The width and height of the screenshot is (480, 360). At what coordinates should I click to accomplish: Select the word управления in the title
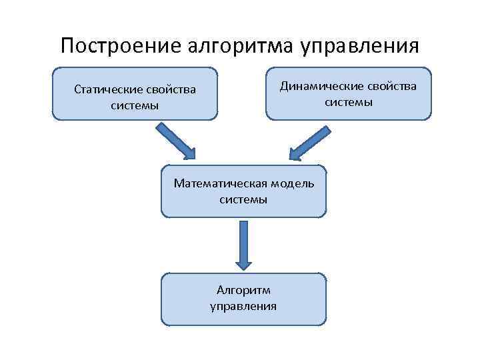point(361,46)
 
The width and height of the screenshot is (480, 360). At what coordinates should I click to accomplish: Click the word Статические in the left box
point(105,90)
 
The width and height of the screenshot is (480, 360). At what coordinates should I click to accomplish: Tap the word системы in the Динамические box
point(349,102)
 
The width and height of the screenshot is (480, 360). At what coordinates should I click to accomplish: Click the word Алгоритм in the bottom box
point(243,291)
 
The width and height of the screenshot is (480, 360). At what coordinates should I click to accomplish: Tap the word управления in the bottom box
point(243,306)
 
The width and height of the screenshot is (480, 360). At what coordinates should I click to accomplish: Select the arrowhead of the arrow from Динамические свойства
point(297,153)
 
